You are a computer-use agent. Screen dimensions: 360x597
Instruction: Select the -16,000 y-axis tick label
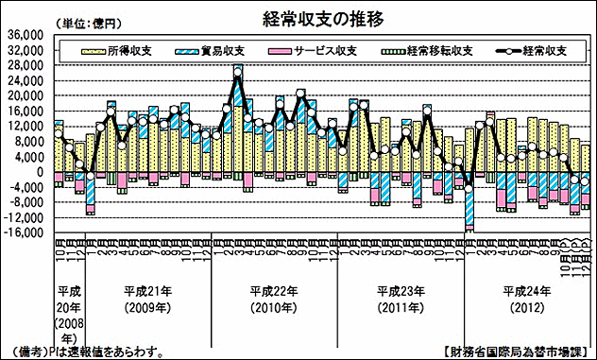24,233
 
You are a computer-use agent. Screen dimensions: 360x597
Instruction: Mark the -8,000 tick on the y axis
26,203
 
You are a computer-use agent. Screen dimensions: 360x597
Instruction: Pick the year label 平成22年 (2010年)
275,297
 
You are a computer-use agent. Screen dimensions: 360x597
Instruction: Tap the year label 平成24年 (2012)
527,297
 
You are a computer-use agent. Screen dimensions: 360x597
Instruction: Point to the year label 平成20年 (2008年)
67,312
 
